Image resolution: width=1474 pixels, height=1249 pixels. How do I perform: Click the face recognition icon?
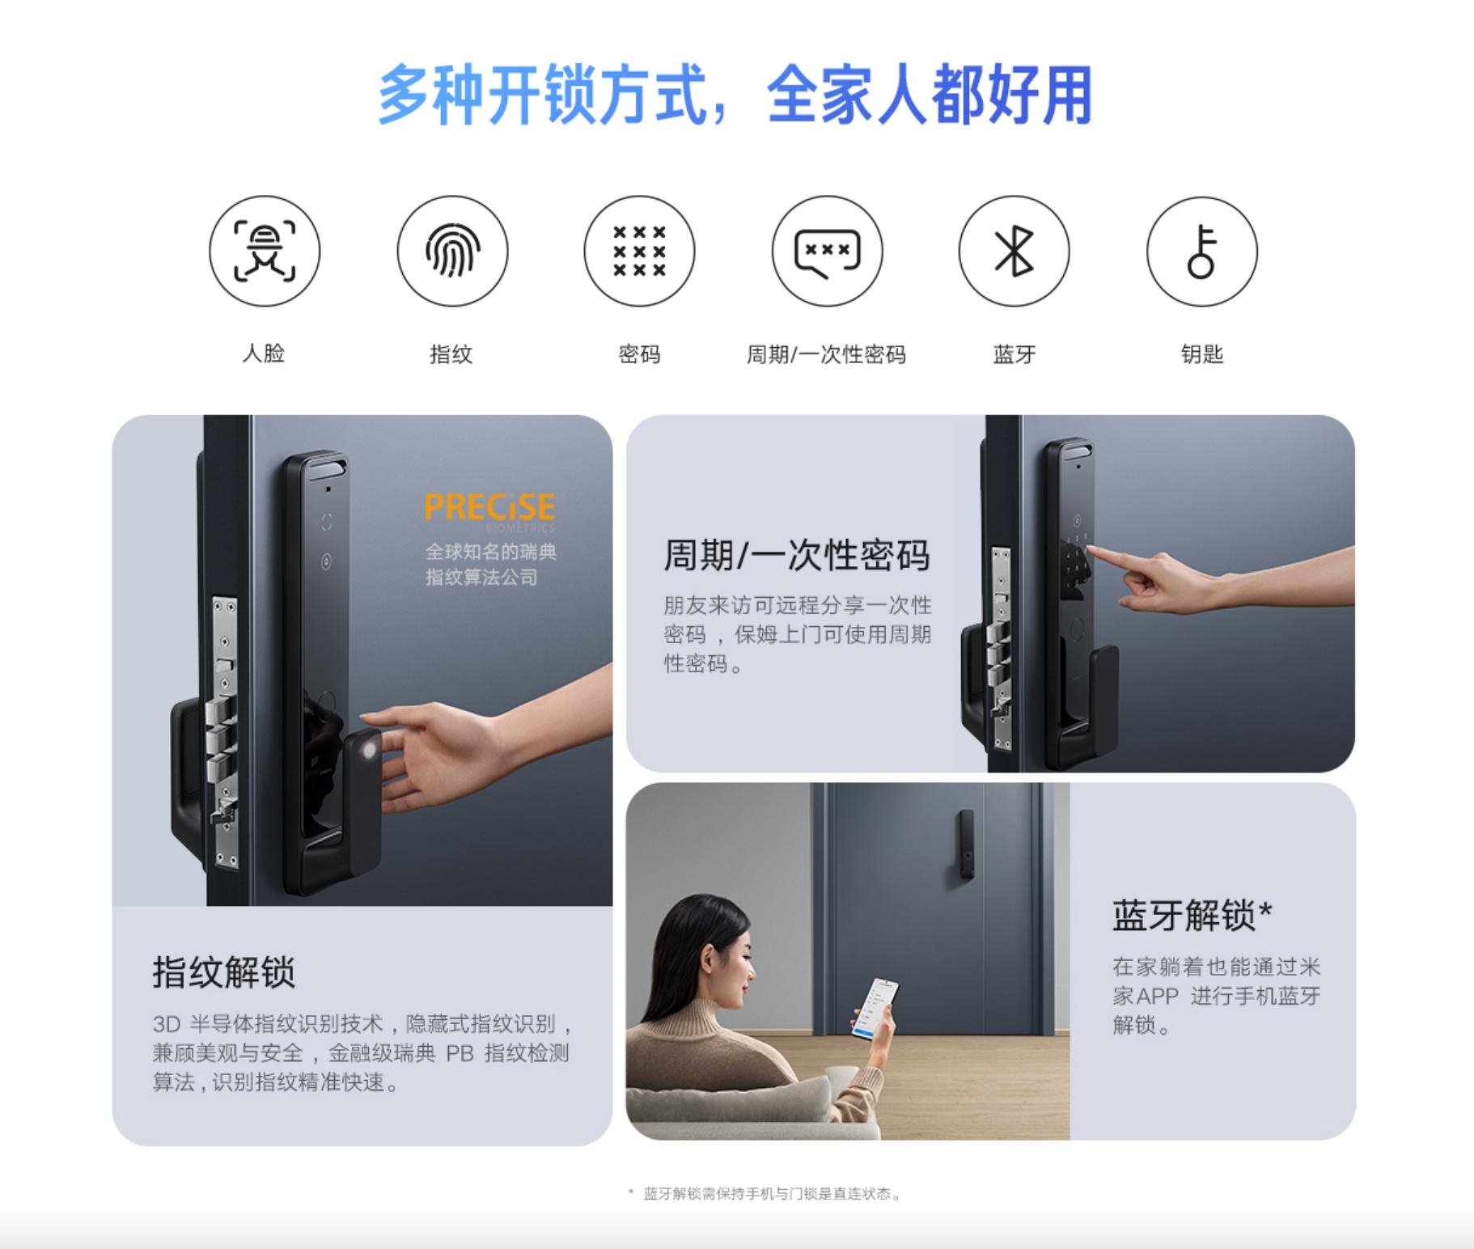pos(265,251)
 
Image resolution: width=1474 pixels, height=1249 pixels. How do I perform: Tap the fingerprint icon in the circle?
pos(452,251)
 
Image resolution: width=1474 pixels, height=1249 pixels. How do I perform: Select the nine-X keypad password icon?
pos(639,251)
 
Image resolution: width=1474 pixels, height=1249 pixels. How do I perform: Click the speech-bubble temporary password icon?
pos(827,251)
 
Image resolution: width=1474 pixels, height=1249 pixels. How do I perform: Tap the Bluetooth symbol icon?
pos(1014,251)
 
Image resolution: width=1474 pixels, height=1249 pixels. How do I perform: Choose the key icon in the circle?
pos(1201,251)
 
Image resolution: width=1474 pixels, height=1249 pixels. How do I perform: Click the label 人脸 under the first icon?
pos(264,354)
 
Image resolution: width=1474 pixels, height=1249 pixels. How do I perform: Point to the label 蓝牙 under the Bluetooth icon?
pos(1014,354)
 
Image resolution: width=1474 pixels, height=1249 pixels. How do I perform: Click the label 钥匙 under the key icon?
pos(1201,354)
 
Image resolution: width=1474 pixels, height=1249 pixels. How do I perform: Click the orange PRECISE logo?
pos(489,508)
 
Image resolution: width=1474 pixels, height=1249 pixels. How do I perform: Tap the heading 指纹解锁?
pos(224,972)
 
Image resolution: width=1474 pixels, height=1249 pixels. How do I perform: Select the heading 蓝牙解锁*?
pos(1192,916)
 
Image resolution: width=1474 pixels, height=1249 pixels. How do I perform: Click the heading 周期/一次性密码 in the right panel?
pos(796,556)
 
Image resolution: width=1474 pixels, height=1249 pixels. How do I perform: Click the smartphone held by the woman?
pos(875,1007)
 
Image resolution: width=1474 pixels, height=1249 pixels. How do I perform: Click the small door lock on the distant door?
pos(966,844)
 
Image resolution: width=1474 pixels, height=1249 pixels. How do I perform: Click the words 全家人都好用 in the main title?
pos(929,95)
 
